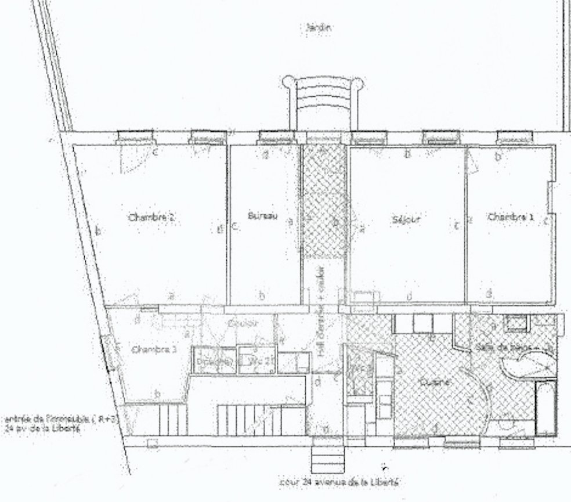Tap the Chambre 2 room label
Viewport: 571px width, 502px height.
[151, 218]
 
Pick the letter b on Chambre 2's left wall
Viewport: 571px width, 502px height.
[98, 231]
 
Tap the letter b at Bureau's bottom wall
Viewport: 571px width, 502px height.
[262, 296]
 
